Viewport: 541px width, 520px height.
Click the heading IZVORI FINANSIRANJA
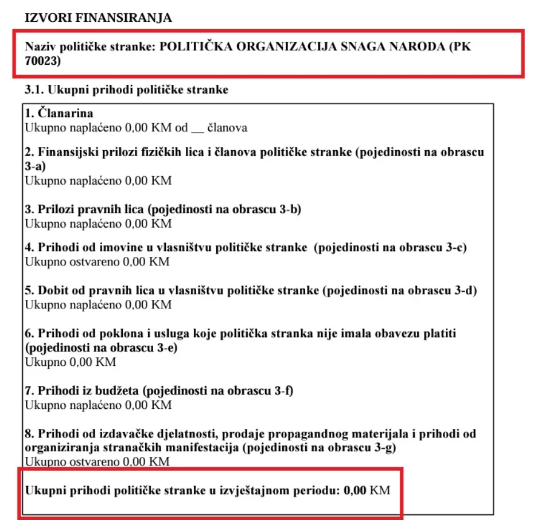[x=98, y=18]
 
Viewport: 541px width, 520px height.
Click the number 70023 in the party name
[x=41, y=60]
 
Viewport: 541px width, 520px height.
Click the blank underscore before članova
[x=197, y=128]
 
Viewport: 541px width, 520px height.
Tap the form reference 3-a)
[x=35, y=166]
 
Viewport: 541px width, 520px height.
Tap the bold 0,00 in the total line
[x=355, y=491]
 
